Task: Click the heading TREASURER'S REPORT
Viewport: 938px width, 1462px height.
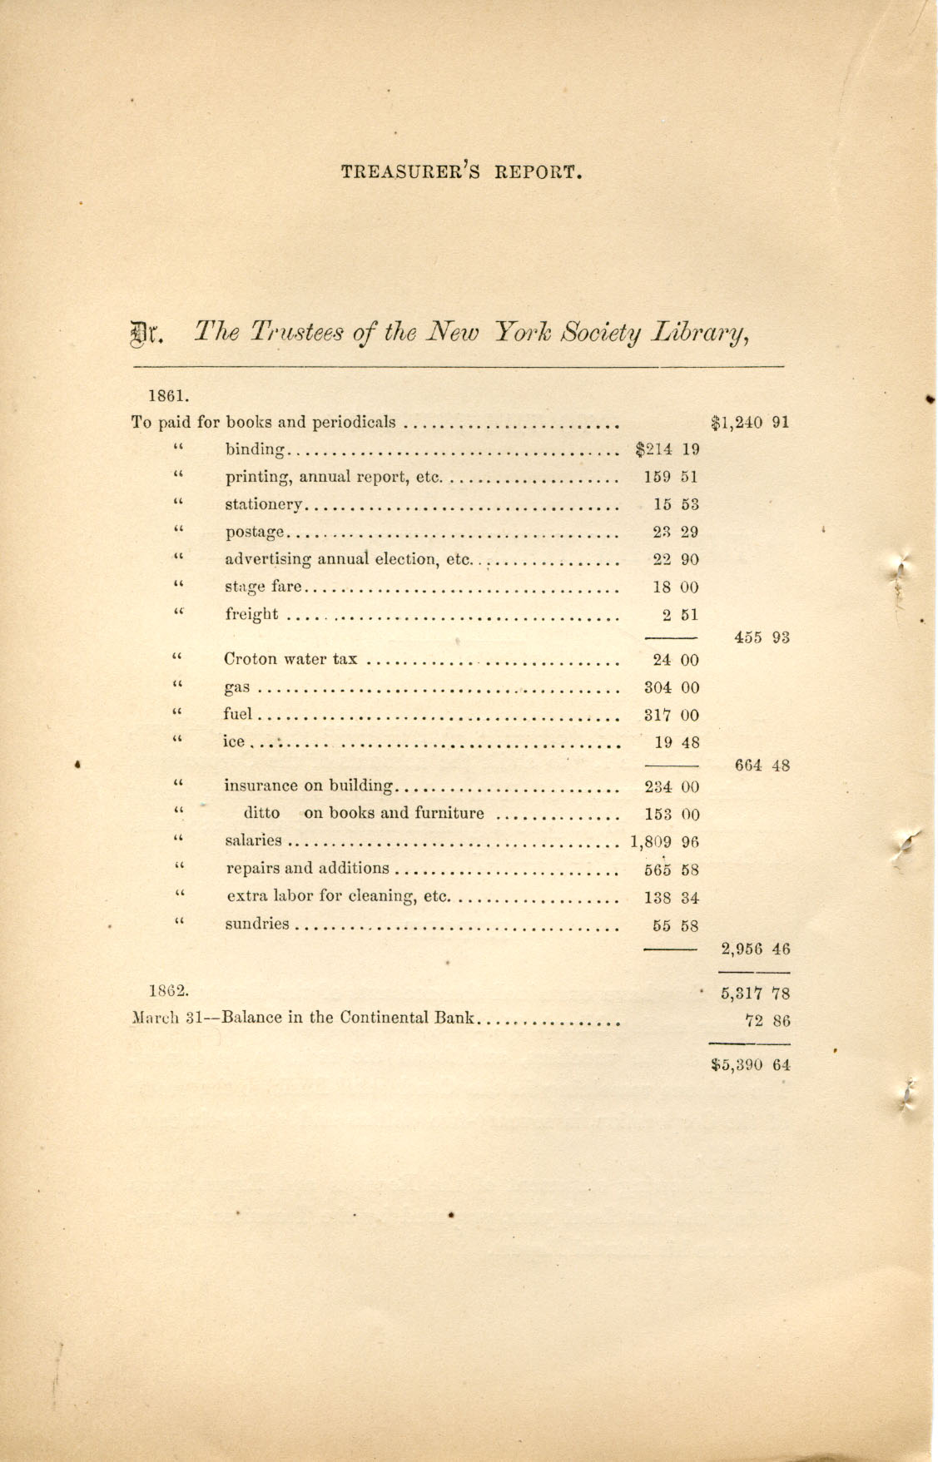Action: click(x=459, y=173)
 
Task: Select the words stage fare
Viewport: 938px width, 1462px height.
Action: click(x=262, y=587)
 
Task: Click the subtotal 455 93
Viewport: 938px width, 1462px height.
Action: click(x=761, y=637)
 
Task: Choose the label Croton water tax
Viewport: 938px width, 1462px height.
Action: click(x=290, y=660)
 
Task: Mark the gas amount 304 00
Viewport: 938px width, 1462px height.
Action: click(x=672, y=687)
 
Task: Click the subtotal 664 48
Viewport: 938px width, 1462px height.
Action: click(x=761, y=766)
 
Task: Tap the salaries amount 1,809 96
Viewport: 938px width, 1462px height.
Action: click(x=664, y=841)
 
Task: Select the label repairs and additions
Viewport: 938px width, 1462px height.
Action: click(x=307, y=869)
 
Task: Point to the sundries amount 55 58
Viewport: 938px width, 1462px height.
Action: click(x=675, y=924)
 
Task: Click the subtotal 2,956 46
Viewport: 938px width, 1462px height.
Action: click(x=755, y=949)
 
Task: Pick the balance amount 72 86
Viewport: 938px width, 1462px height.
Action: click(x=767, y=1021)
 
